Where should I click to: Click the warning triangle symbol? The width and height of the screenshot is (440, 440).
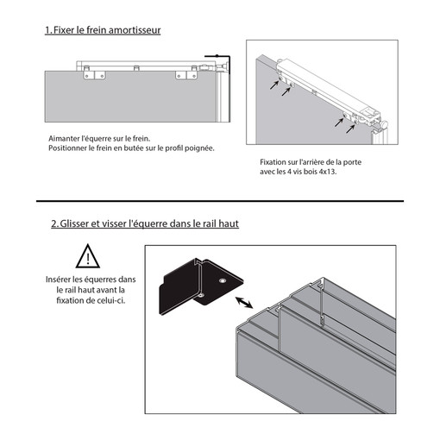click(x=88, y=256)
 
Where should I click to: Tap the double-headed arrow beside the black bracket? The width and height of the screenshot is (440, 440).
click(x=244, y=303)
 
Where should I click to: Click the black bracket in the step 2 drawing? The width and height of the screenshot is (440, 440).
click(x=201, y=286)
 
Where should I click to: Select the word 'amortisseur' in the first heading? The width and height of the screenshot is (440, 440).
click(x=135, y=30)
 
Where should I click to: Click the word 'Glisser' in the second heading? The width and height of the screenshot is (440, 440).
click(x=74, y=223)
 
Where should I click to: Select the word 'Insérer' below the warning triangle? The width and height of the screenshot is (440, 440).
click(x=58, y=280)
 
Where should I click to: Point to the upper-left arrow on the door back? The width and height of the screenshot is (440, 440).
click(x=274, y=85)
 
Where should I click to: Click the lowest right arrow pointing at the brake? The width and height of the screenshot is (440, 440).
click(x=350, y=129)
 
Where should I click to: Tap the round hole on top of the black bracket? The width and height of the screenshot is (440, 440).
click(x=222, y=280)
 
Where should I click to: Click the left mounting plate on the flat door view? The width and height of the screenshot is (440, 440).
click(x=94, y=75)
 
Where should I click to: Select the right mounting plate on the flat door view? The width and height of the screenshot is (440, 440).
click(x=186, y=75)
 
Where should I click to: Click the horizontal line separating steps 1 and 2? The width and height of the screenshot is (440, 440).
click(x=220, y=201)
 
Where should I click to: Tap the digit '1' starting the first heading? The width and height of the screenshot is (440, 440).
click(x=47, y=30)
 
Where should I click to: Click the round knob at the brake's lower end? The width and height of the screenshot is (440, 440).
click(x=384, y=124)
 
